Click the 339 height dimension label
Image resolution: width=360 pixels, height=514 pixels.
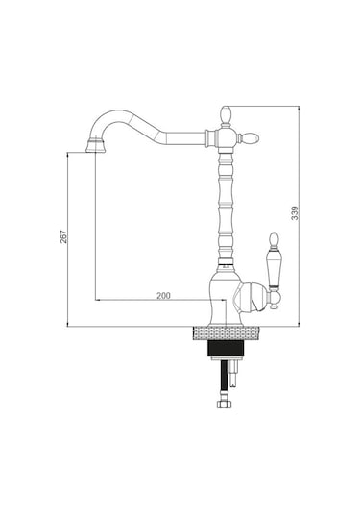(x=295, y=212)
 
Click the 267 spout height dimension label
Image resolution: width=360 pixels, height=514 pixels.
(x=63, y=236)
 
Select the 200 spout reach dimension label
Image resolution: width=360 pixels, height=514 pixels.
(x=163, y=296)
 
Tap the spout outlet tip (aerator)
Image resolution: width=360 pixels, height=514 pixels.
(x=95, y=146)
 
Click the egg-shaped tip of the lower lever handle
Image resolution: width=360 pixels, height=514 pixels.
(x=274, y=239)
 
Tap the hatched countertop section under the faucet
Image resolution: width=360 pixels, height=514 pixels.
(x=226, y=333)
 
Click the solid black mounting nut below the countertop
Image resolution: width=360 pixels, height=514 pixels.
(x=226, y=349)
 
